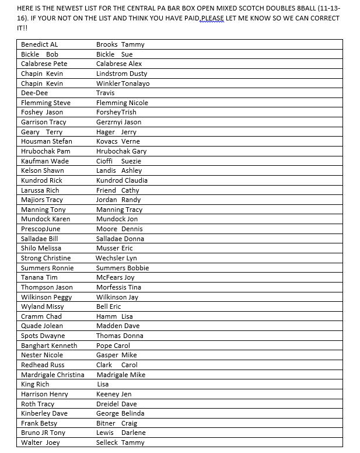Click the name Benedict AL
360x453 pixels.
coord(39,44)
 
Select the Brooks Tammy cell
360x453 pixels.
coord(120,44)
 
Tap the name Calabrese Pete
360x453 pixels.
coord(44,64)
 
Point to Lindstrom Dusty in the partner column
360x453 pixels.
coord(121,74)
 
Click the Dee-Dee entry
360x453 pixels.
coord(34,93)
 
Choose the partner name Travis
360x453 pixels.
coord(105,93)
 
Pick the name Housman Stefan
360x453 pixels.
coord(47,141)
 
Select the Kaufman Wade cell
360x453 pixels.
coord(45,161)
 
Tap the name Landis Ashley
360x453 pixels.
coord(119,170)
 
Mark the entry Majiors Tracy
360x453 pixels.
coord(42,200)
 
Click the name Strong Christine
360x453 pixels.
coord(46,258)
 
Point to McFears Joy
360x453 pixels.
coord(115,277)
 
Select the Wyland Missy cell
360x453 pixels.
coord(43,306)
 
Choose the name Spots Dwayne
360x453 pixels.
coord(43,336)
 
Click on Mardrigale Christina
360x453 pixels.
coord(53,375)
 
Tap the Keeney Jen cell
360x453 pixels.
coord(114,394)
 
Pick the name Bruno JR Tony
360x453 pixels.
coord(43,433)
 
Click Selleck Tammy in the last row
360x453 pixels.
coord(120,442)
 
